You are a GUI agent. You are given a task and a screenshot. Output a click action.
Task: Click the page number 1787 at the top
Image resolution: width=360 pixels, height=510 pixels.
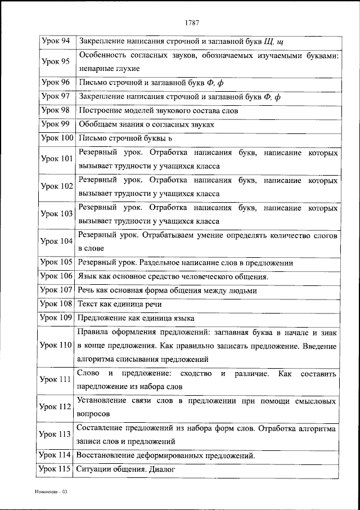(x=192, y=23)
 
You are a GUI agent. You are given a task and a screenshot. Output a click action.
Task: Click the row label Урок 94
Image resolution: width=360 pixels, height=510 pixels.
(x=56, y=41)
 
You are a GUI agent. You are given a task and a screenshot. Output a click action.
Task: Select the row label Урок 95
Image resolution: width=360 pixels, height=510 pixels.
(x=56, y=61)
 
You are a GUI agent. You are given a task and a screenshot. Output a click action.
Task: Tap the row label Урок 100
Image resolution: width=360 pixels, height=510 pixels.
(x=57, y=137)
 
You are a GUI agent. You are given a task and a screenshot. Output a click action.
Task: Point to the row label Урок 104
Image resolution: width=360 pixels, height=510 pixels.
(x=57, y=240)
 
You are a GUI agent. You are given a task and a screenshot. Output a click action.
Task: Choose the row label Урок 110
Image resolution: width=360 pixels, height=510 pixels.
(x=57, y=345)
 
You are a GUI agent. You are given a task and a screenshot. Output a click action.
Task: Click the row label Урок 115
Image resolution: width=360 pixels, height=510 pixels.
(x=57, y=468)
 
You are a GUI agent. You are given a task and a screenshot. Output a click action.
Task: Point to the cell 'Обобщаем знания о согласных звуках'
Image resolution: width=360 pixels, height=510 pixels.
(x=146, y=124)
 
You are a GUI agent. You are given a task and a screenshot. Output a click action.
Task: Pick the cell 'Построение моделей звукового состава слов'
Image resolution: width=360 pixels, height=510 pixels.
(x=159, y=110)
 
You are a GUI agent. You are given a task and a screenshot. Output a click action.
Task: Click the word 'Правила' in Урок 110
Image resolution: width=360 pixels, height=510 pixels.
(x=92, y=332)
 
